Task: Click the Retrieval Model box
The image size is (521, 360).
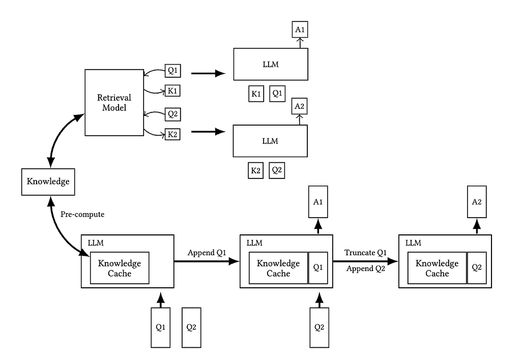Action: pos(114,102)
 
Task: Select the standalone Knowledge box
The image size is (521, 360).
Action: pos(48,182)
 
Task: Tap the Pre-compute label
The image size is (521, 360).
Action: pos(82,215)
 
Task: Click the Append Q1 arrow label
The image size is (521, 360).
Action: pos(207,253)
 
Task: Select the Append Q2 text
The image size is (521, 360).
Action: pos(365,268)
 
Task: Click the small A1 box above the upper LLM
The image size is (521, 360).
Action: pos(300,30)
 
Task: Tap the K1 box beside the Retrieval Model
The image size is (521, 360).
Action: pos(172,91)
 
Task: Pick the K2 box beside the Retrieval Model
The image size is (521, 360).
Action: pos(172,135)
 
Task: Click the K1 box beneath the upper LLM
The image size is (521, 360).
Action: pos(256,94)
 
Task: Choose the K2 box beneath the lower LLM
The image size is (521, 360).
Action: pos(256,171)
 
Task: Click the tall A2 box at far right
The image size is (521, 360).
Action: pos(477,202)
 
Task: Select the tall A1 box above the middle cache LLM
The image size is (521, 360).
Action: pos(318,202)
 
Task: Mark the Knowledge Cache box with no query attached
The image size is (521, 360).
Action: pos(120,268)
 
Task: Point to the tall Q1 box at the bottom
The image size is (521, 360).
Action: pos(160,327)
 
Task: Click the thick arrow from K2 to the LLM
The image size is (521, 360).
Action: pos(208,132)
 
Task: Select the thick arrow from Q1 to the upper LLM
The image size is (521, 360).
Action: pos(208,74)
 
